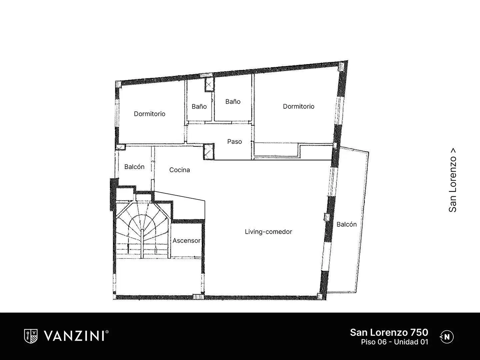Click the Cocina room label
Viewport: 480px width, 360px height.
pos(180,170)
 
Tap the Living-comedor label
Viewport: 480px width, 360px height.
pos(268,232)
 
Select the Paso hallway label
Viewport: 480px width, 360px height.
pos(234,142)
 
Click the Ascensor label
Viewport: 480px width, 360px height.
pos(187,241)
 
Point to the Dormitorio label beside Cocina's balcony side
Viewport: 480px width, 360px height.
pos(150,114)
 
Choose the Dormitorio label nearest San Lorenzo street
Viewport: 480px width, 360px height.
pos(298,106)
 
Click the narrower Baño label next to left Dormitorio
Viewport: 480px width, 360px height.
pos(199,106)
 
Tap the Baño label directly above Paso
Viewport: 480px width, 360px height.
pos(233,101)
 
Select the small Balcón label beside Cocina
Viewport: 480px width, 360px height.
pos(134,167)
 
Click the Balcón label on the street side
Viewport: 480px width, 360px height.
pos(347,224)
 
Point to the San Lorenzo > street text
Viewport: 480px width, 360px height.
pos(452,180)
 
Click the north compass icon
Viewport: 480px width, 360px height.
pos(447,337)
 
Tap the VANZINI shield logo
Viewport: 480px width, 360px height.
pos(31,336)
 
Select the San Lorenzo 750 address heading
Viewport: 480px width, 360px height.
pos(389,332)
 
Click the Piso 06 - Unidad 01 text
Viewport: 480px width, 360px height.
pos(394,342)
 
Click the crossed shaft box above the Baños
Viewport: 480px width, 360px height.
pos(209,85)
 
